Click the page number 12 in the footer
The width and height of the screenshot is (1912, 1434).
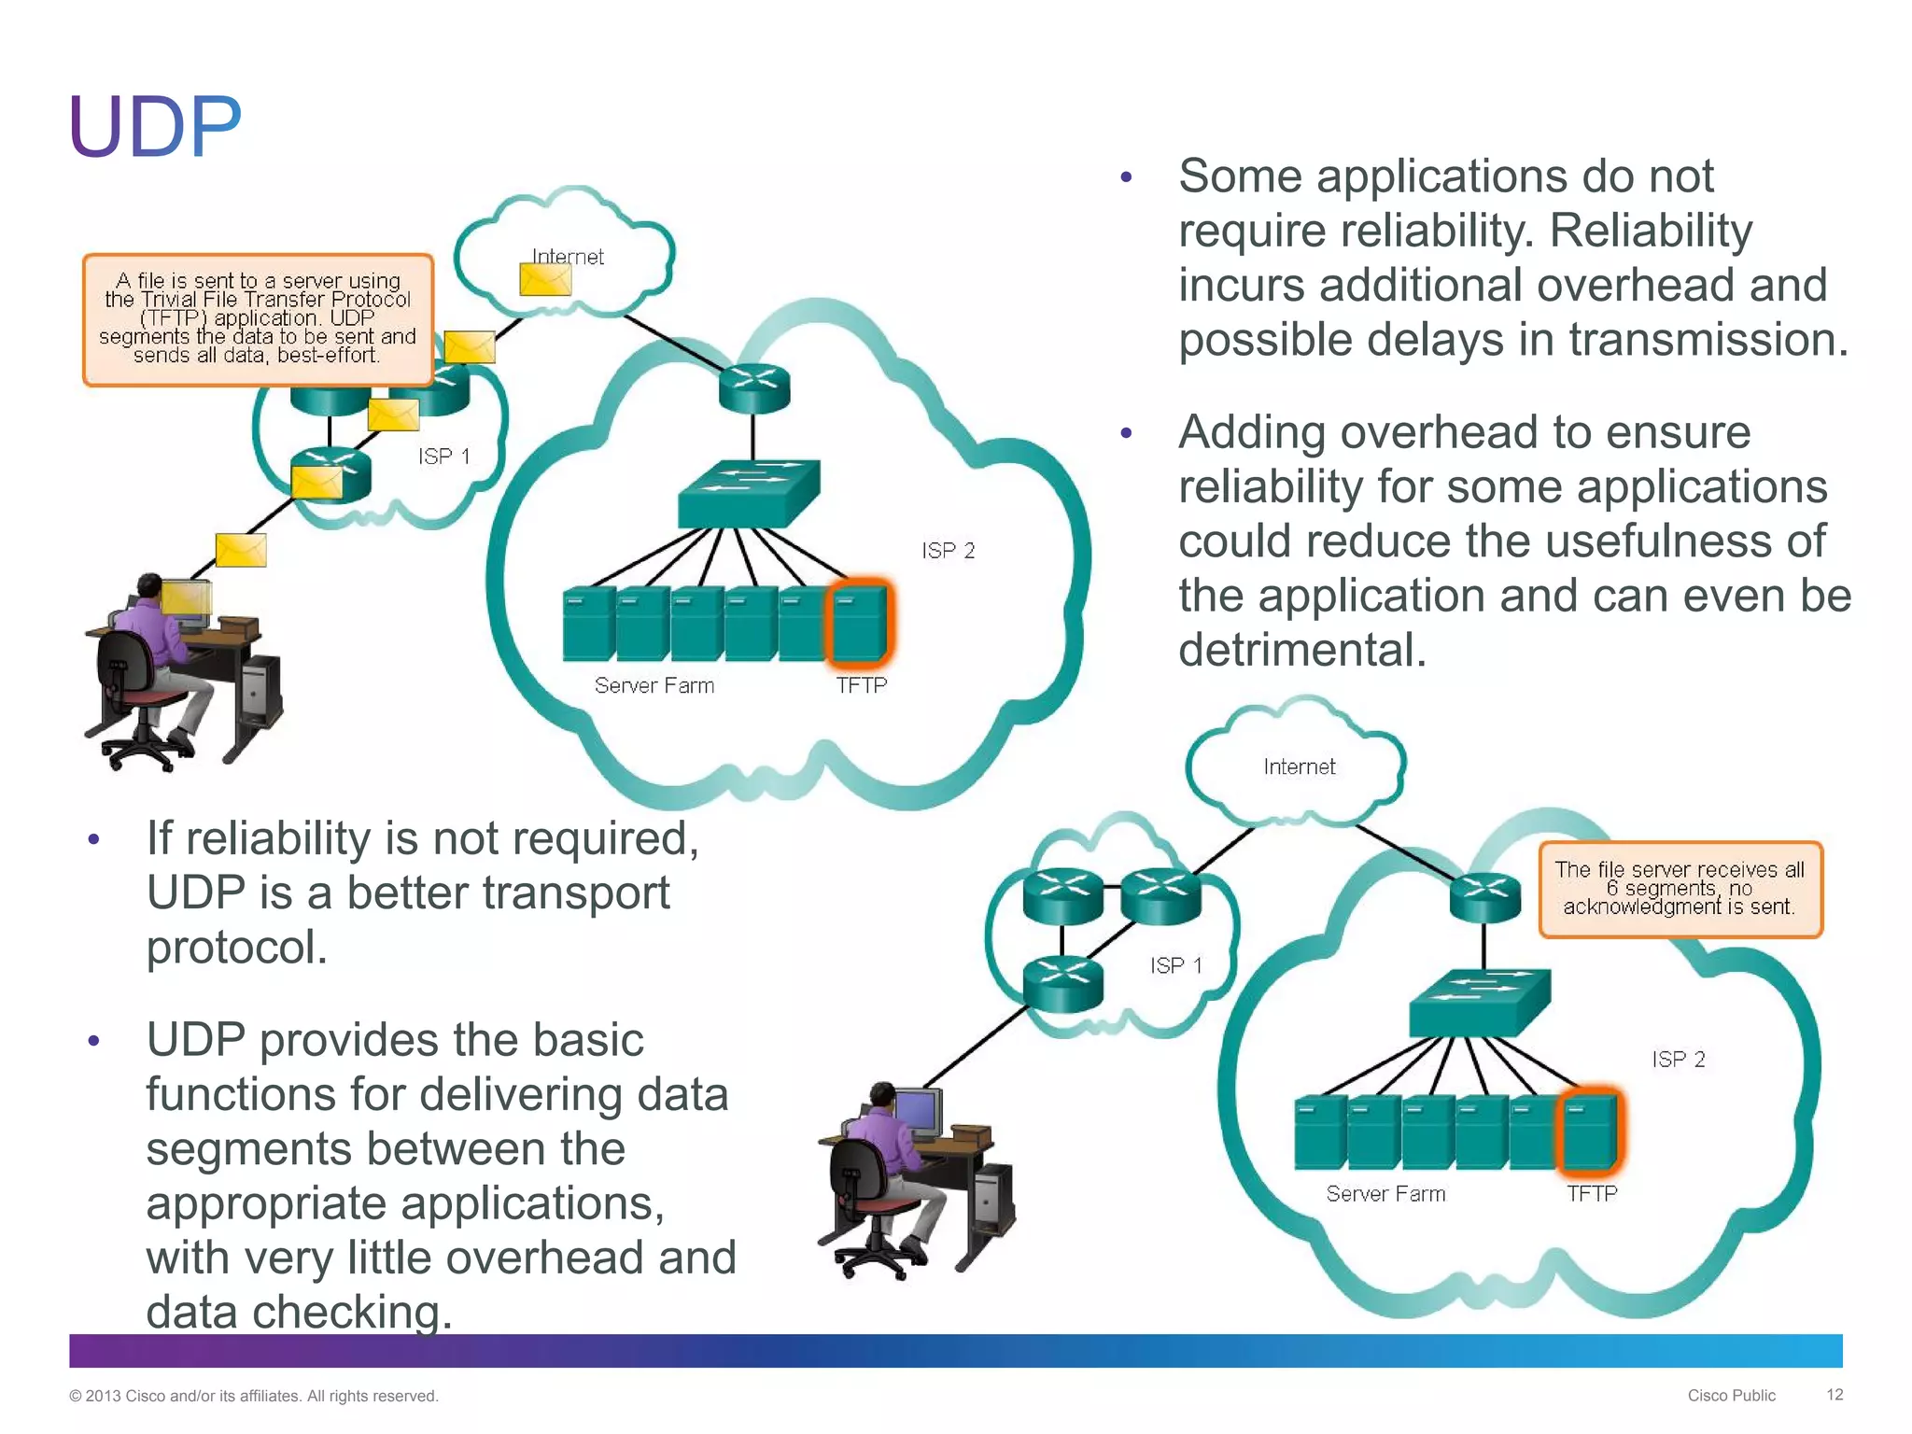point(1834,1395)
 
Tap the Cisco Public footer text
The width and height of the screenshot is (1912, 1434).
point(1731,1396)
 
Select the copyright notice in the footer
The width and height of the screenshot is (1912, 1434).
point(253,1396)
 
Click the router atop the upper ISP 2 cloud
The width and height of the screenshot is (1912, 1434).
point(754,387)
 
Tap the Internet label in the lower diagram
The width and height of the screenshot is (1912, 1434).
point(1299,767)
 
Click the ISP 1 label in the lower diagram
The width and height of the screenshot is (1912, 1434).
point(1175,965)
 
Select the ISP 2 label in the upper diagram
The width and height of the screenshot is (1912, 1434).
point(948,551)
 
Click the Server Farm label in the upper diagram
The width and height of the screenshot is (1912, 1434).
point(654,686)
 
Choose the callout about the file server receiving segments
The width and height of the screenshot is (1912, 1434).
point(1680,889)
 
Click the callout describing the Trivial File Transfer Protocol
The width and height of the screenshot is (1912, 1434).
point(258,318)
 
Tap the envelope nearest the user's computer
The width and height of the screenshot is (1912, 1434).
point(241,550)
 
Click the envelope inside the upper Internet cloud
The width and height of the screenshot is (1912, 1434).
point(545,279)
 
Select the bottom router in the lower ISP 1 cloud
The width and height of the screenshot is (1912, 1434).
point(1062,984)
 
